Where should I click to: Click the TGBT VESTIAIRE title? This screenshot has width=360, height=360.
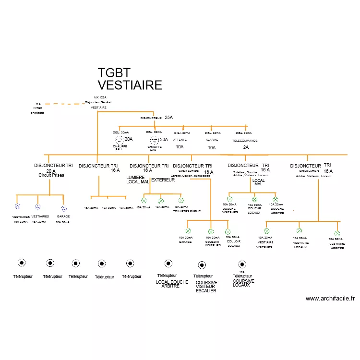coord(130,79)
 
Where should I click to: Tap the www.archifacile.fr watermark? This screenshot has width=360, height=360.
coord(330,299)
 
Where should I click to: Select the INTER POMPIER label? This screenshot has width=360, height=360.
coord(38,108)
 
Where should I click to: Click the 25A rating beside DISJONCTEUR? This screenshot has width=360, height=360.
coord(168,118)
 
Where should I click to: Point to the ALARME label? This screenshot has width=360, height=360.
coord(212,140)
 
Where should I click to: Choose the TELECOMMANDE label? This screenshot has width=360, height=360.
coord(245,141)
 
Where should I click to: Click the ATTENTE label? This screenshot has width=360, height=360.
coord(180,140)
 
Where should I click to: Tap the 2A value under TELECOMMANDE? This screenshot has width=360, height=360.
coord(246,147)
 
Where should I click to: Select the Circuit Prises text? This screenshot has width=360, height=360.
coord(51,175)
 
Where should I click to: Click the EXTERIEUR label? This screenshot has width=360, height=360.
coord(163,180)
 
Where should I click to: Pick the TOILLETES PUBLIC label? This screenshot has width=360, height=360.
coord(187,211)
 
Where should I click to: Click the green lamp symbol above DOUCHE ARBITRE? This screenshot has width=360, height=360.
coord(276,199)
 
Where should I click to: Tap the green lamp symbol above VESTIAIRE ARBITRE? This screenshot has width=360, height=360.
coord(337,234)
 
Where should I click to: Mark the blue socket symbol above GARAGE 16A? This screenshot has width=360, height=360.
coord(64,209)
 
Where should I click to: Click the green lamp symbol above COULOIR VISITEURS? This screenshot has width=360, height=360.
coord(211,231)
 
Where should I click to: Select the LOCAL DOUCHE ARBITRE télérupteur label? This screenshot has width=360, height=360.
coord(172,284)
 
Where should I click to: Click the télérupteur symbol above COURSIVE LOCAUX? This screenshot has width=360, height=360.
coord(241,264)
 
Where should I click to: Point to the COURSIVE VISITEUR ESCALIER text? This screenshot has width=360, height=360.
coord(206,287)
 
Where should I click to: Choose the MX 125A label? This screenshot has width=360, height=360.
coord(100,97)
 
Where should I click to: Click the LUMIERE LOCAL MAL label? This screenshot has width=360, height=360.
coord(138,180)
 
